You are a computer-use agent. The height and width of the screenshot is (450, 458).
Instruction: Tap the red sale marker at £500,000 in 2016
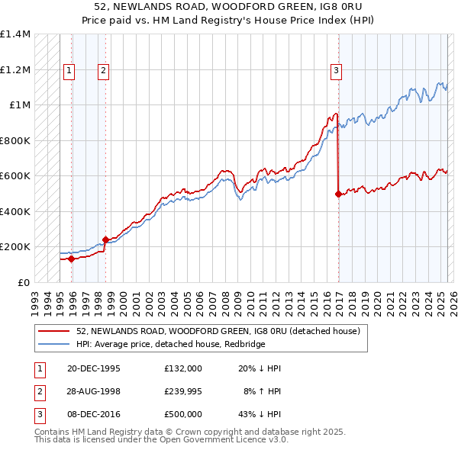click(x=337, y=194)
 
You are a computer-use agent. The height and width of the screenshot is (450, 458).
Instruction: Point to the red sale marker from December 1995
click(x=71, y=259)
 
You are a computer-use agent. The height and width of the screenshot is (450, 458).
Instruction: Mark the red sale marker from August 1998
click(x=105, y=239)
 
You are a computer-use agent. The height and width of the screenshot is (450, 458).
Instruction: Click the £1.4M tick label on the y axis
click(x=15, y=34)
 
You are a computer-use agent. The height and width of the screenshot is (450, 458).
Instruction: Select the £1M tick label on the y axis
click(x=19, y=105)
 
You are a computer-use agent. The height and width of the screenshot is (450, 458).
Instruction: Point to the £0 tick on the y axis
click(x=24, y=282)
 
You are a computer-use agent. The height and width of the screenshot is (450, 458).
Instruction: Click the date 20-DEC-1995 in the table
click(x=94, y=368)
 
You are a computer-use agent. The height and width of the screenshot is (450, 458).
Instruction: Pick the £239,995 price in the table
click(x=183, y=391)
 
